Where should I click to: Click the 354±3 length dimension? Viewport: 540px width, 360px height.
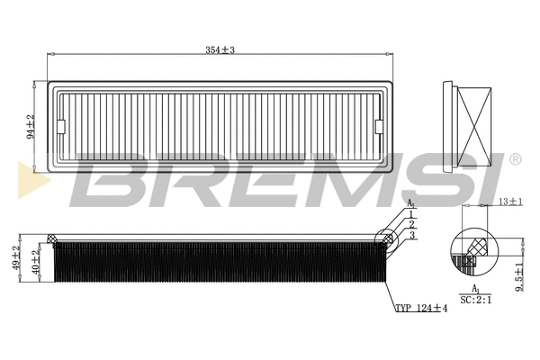pos(219,49)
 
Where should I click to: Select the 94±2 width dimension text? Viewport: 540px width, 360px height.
pos(31,127)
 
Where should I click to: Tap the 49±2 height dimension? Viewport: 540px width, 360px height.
pos(15,259)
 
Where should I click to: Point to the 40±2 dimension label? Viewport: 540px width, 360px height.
pos(35,263)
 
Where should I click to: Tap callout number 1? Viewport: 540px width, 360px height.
pos(411,212)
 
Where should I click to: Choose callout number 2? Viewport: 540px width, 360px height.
pos(411,224)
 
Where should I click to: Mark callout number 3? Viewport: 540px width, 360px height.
pos(411,235)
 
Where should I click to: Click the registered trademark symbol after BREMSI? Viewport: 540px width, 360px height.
pos(515,159)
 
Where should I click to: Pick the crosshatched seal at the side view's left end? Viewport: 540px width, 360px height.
pos(51,239)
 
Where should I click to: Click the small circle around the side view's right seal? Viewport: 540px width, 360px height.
pos(388,236)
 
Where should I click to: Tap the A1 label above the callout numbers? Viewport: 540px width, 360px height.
pos(411,204)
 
